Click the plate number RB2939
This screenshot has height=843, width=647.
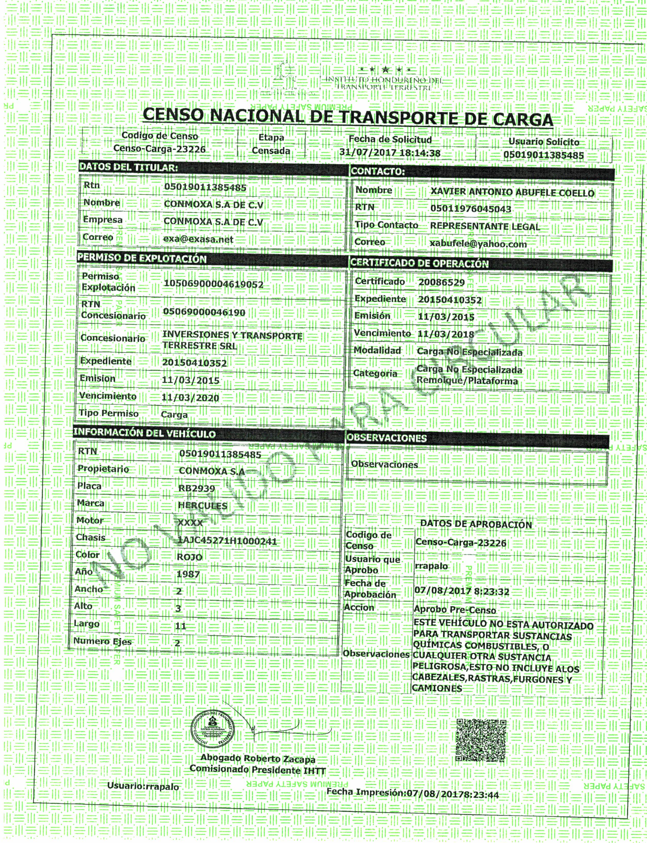tap(196, 488)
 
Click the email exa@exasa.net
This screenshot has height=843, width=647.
tap(198, 239)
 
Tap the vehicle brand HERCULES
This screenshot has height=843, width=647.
tap(203, 505)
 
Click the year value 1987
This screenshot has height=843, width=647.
tap(188, 574)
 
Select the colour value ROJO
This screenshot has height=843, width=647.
tap(189, 557)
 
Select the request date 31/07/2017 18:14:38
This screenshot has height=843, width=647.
tap(390, 153)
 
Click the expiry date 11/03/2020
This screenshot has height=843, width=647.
tap(190, 398)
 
